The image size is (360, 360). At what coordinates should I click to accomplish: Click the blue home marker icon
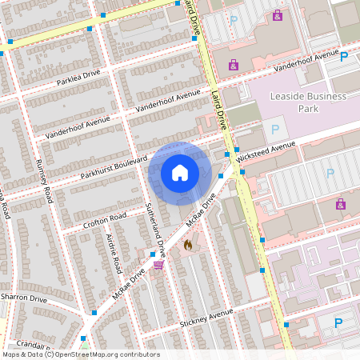click(180, 173)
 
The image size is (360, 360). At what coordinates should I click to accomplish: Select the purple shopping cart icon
click(158, 265)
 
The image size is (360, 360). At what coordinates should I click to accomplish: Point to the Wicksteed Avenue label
click(267, 149)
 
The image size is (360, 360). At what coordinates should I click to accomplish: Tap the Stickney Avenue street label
click(206, 316)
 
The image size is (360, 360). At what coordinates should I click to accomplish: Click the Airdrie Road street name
click(113, 251)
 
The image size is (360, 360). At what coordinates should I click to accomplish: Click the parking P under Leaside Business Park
click(276, 129)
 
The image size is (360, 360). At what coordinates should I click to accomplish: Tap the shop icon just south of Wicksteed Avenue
click(342, 203)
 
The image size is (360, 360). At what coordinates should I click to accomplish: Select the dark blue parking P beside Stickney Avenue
click(338, 322)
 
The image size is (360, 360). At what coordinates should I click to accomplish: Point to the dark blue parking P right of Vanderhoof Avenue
click(344, 57)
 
